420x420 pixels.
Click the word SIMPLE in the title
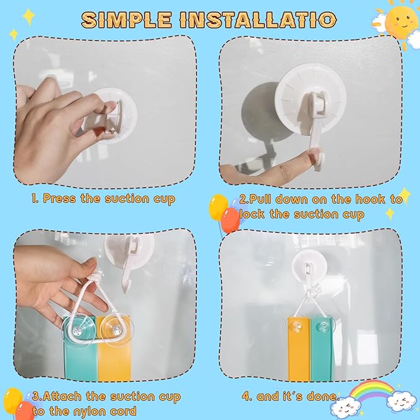tap(126, 20)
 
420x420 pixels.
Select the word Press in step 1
tap(59, 199)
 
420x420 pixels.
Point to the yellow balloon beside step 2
tap(218, 207)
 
